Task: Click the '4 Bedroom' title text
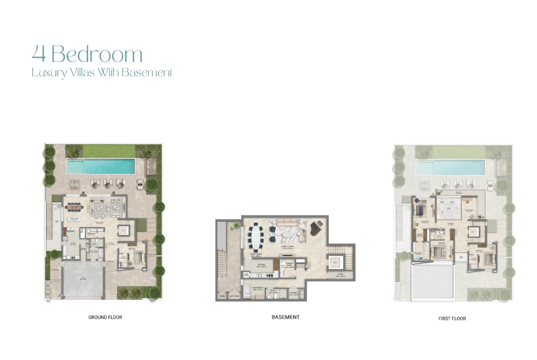click(x=87, y=54)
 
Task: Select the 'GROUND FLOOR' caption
click(x=105, y=318)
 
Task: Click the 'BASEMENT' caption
click(x=285, y=317)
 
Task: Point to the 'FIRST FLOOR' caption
click(x=452, y=319)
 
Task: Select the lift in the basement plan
click(x=335, y=262)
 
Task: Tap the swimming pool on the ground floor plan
click(x=101, y=167)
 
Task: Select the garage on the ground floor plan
click(x=83, y=280)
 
